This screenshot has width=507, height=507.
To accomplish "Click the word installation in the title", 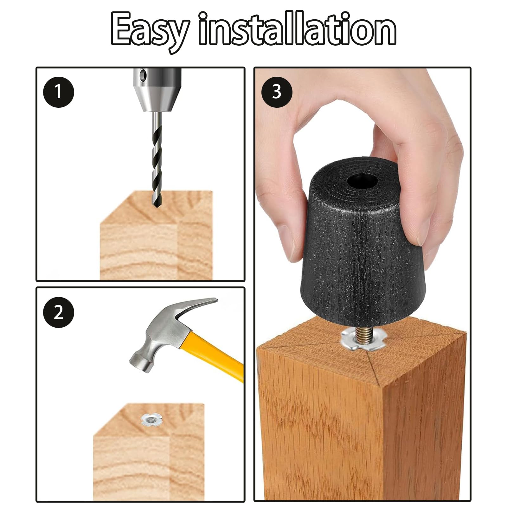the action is coord(297,29).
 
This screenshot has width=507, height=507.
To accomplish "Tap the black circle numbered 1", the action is coord(59,92).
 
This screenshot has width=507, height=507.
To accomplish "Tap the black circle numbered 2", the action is coord(59,312).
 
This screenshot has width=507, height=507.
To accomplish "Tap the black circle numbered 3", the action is coord(277,92).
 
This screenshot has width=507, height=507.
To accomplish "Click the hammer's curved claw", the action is coord(196,307).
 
